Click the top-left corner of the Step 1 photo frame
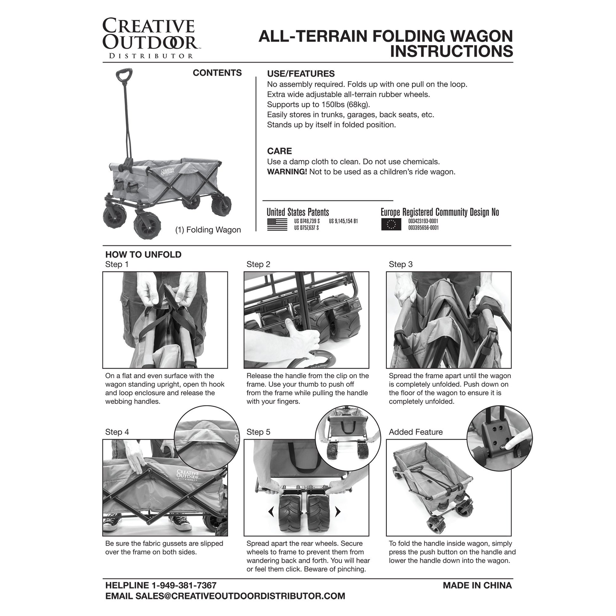(x=103, y=272)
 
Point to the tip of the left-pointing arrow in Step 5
(x=269, y=512)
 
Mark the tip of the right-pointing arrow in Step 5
(x=341, y=512)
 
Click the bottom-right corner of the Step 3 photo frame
(x=511, y=368)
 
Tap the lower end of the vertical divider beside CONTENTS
(x=256, y=231)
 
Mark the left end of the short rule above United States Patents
(x=262, y=201)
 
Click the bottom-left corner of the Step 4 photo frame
(x=103, y=536)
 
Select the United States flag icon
(x=277, y=224)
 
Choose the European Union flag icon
(x=391, y=224)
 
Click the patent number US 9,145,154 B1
(x=343, y=221)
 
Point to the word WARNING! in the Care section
(x=287, y=172)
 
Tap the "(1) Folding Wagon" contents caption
(x=208, y=230)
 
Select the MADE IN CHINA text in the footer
(x=477, y=585)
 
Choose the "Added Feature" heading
(x=416, y=432)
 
